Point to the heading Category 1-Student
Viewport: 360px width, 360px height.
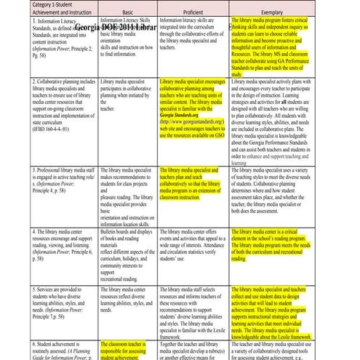(36, 4)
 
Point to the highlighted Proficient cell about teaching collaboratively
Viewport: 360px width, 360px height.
(191, 183)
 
